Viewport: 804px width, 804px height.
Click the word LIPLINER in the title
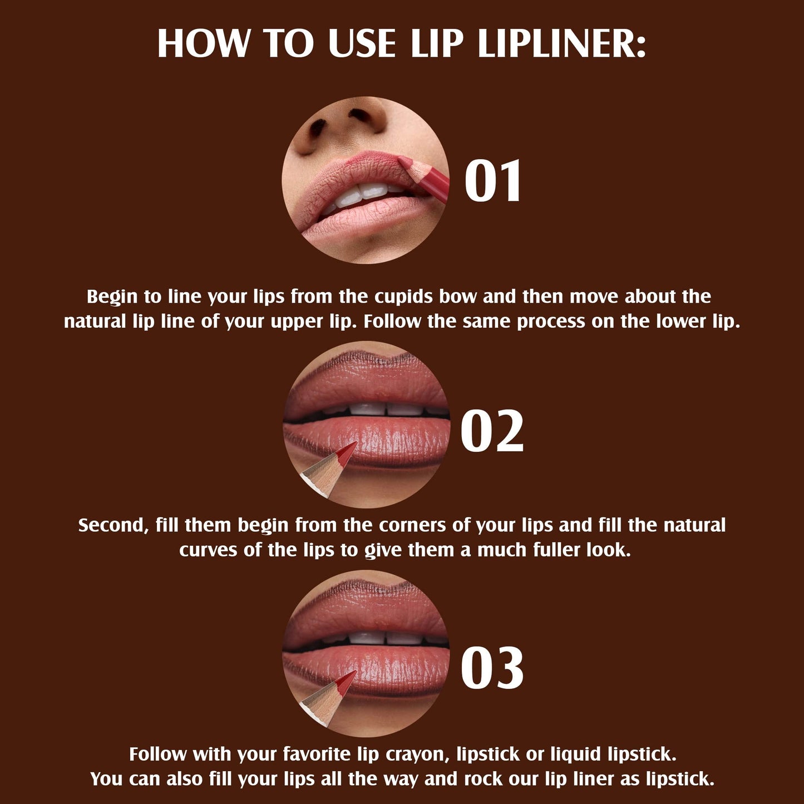pyautogui.click(x=561, y=43)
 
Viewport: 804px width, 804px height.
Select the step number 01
pyautogui.click(x=493, y=181)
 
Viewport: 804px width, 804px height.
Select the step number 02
pyautogui.click(x=492, y=431)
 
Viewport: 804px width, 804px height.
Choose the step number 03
pyautogui.click(x=492, y=668)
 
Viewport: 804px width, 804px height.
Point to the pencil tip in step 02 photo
pyautogui.click(x=349, y=449)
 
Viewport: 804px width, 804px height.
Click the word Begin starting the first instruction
pyautogui.click(x=112, y=297)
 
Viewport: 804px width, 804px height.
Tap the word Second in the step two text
pyautogui.click(x=113, y=525)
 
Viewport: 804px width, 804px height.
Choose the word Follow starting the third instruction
pyautogui.click(x=158, y=754)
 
